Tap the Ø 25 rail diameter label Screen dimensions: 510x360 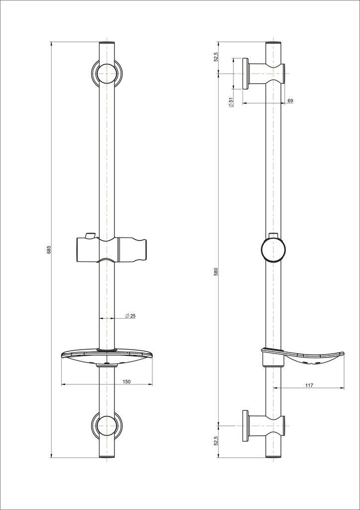pyautogui.click(x=130, y=316)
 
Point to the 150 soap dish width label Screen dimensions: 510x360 pyautogui.click(x=126, y=382)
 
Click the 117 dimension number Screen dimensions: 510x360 pyautogui.click(x=309, y=384)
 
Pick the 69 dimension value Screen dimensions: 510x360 pyautogui.click(x=290, y=101)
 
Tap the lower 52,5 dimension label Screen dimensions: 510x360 pyautogui.click(x=216, y=441)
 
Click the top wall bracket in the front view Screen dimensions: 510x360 pyautogui.click(x=107, y=73)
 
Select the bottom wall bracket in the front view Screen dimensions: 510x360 pyautogui.click(x=107, y=426)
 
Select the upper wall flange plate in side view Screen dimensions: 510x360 pyautogui.click(x=245, y=73)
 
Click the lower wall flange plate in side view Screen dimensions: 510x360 pyautogui.click(x=245, y=426)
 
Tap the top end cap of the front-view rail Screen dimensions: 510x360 pyautogui.click(x=107, y=44)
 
